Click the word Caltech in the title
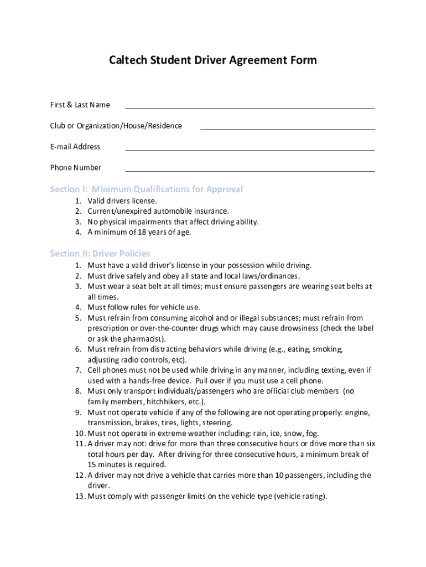pyautogui.click(x=128, y=60)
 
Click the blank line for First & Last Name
pyautogui.click(x=250, y=108)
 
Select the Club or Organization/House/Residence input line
pyautogui.click(x=287, y=129)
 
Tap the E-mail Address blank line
pyautogui.click(x=250, y=150)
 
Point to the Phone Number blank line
pyautogui.click(x=250, y=171)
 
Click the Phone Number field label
pyautogui.click(x=76, y=168)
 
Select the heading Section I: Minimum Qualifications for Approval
pyautogui.click(x=146, y=189)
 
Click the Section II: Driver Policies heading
pyautogui.click(x=100, y=254)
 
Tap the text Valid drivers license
pyautogui.click(x=122, y=201)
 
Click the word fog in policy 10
pyautogui.click(x=311, y=434)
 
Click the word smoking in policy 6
pyautogui.click(x=328, y=349)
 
